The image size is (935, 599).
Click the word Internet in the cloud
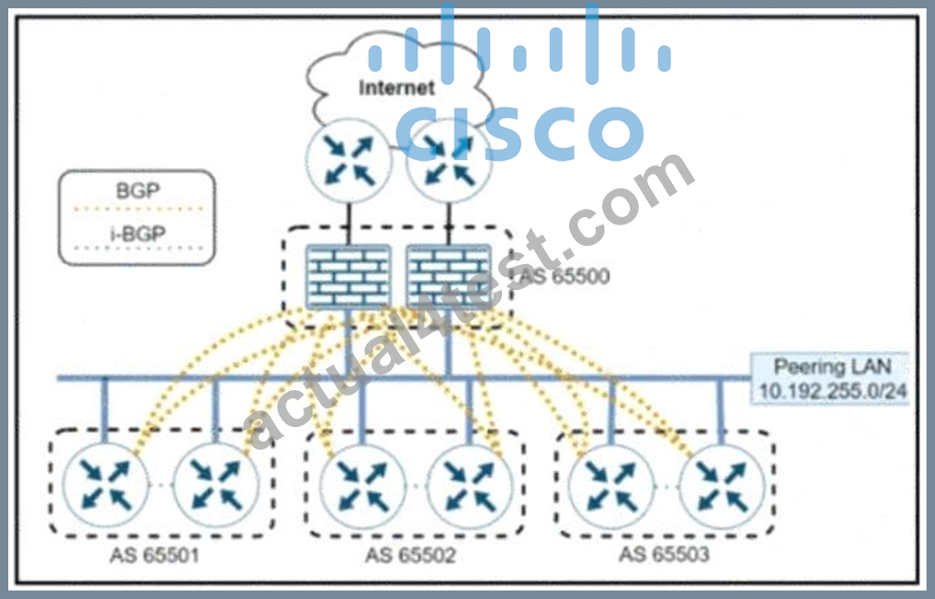click(x=396, y=87)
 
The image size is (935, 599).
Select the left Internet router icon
click(x=348, y=160)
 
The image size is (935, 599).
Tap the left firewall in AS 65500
click(x=348, y=276)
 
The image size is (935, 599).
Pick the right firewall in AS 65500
click(x=449, y=276)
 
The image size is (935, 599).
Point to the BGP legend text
click(x=138, y=190)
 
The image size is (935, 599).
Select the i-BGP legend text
click(x=138, y=234)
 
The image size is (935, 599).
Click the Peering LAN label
click(x=832, y=366)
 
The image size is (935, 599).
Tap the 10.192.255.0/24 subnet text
click(x=832, y=391)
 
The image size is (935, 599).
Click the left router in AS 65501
click(x=105, y=485)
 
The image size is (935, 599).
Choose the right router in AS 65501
click(x=216, y=485)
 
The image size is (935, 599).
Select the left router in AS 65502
click(x=362, y=486)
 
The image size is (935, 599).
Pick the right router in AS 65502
click(x=471, y=486)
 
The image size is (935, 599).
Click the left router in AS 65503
click(x=611, y=486)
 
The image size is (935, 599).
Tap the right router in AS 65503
click(x=722, y=486)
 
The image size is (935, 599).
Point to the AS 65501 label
click(x=154, y=556)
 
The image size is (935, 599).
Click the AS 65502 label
click(x=410, y=556)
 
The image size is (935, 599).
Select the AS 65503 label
click(x=665, y=554)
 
